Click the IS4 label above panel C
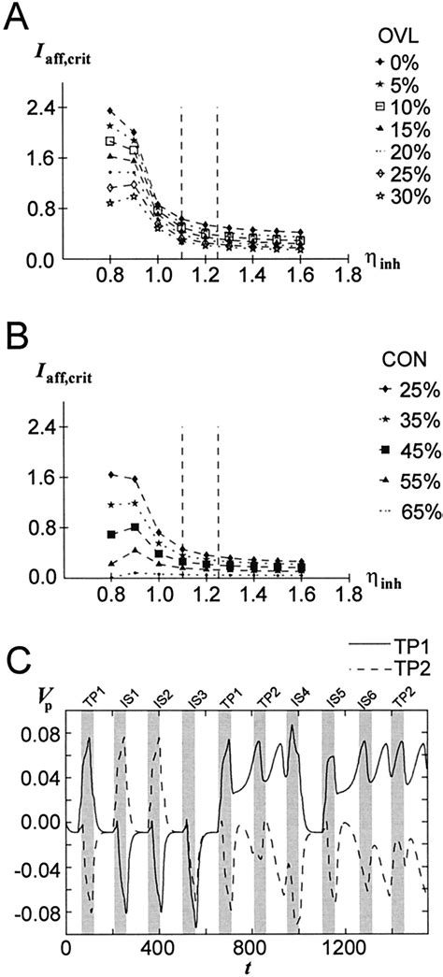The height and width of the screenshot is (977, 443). click(x=293, y=696)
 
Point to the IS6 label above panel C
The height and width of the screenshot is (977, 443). click(x=365, y=696)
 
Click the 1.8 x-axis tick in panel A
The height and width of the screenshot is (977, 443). click(x=350, y=279)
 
